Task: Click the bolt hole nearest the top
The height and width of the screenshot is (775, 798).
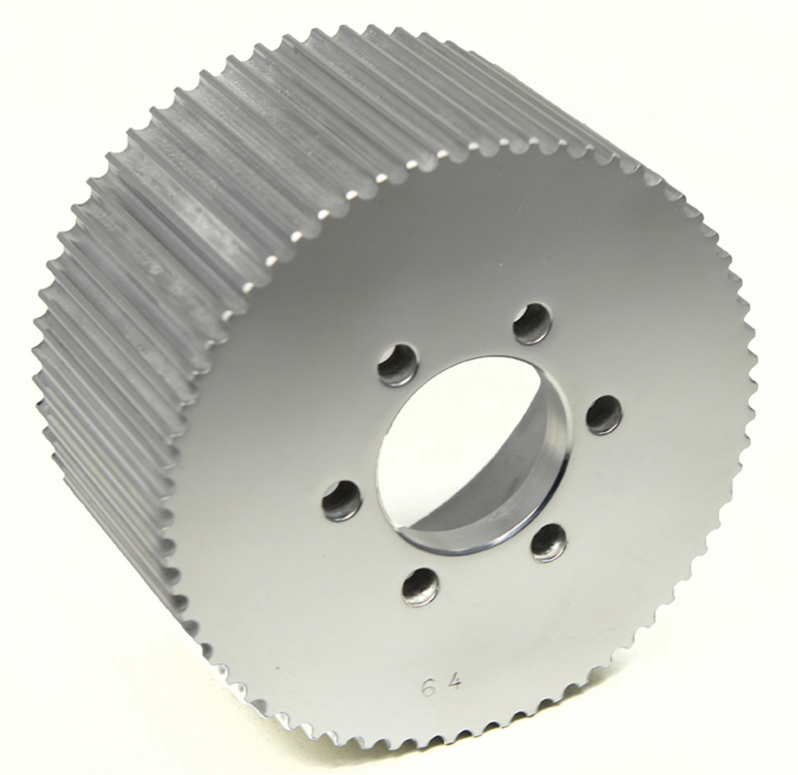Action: [x=533, y=323]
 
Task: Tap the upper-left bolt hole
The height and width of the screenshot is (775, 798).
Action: [x=398, y=365]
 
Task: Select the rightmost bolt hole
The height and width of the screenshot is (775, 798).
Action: [x=603, y=414]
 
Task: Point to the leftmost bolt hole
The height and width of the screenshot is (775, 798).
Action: [x=341, y=499]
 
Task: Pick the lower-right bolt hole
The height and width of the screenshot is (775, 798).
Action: [x=549, y=542]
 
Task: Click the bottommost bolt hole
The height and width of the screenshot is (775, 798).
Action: [x=420, y=586]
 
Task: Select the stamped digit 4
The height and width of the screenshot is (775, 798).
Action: [x=455, y=685]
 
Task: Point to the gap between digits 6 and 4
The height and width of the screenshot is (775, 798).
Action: [x=441, y=686]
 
